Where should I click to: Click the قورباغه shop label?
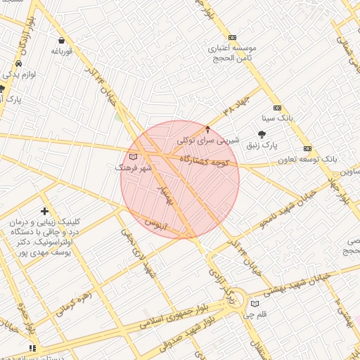point(62,51)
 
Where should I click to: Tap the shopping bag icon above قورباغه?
point(62,41)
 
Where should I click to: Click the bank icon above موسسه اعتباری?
point(232,37)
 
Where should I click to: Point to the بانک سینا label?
point(277,118)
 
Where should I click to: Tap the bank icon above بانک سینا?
point(277,108)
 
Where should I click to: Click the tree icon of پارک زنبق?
point(262,134)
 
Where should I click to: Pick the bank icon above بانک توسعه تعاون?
point(307,148)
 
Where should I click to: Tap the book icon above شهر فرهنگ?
point(133,157)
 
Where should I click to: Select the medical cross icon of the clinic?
point(45,211)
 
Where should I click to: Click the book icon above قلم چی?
point(255,304)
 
